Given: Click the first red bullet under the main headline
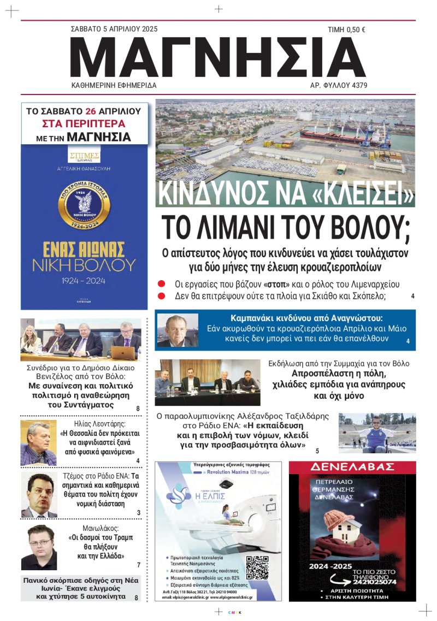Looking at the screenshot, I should point(162,285).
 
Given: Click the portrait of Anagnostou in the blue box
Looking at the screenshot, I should point(178,330).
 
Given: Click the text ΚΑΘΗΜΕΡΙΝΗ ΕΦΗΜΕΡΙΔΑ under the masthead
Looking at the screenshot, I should point(114,86).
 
